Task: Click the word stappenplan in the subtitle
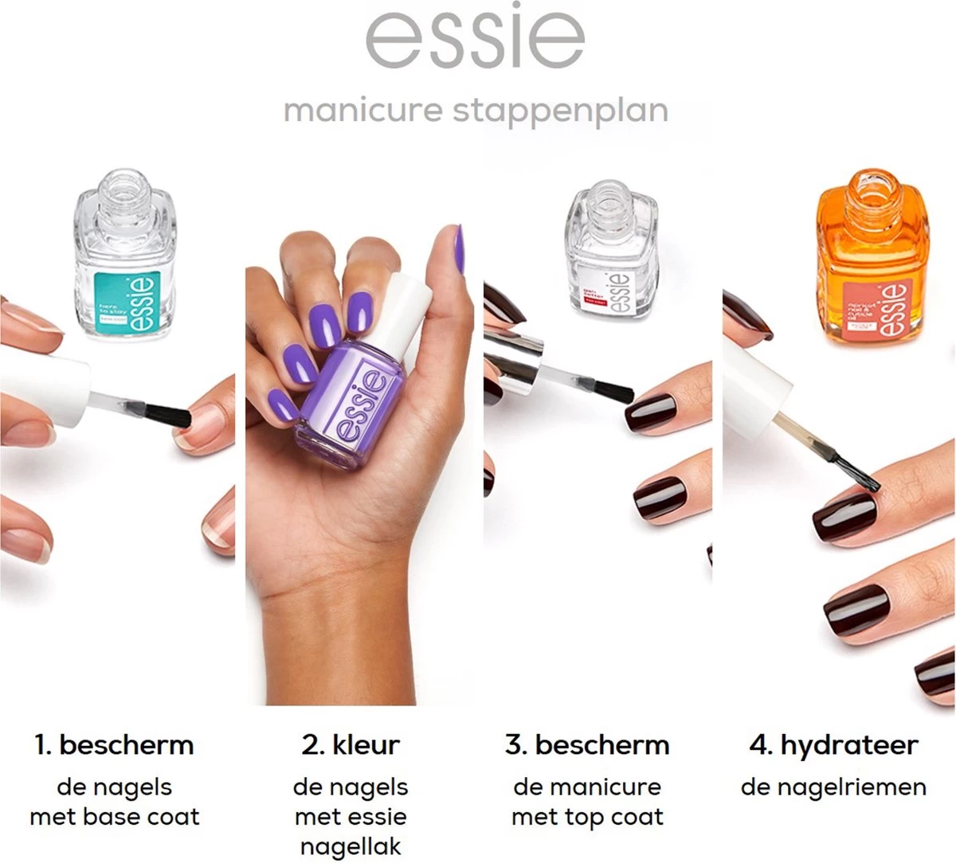(x=561, y=111)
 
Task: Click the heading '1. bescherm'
(x=114, y=745)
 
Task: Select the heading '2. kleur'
(x=351, y=745)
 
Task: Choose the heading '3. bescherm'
(x=587, y=745)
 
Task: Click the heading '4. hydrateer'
(x=833, y=745)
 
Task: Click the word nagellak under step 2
(x=351, y=846)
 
